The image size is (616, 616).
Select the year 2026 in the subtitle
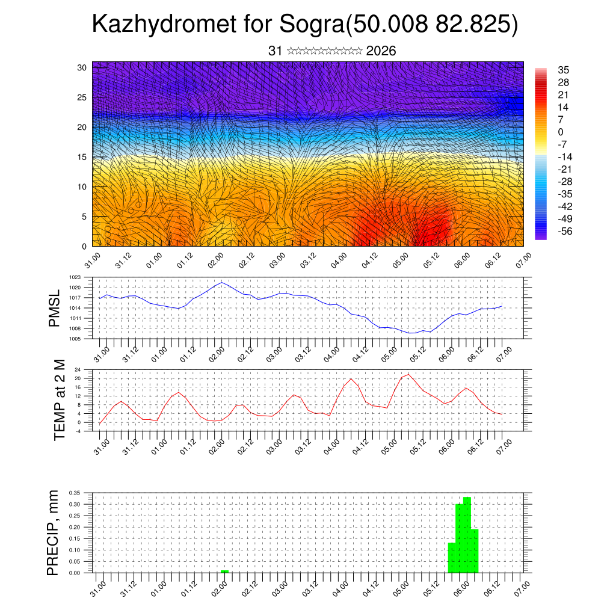coord(381,51)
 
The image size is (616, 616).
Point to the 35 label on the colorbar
coord(564,70)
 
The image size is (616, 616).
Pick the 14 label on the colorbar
coord(564,107)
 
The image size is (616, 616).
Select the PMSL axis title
coord(55,308)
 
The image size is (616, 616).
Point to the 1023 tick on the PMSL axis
coord(75,277)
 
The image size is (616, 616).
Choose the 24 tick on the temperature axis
coord(78,369)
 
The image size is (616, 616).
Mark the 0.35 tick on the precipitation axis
coord(74,493)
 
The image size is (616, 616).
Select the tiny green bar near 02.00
coord(224,571)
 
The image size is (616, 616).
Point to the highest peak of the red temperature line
coord(409,374)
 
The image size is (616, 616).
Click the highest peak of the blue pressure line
coord(222,282)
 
